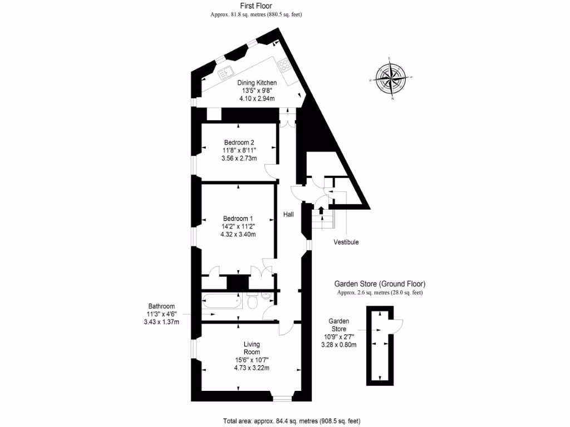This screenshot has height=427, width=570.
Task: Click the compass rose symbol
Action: [x=393, y=78]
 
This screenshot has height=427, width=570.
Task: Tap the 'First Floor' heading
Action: [x=256, y=6]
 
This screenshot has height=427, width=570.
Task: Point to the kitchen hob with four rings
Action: [x=283, y=66]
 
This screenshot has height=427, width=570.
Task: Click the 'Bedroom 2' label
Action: [x=239, y=142]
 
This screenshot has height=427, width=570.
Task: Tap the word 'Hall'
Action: [x=288, y=214]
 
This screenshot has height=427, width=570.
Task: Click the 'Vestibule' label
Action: [x=346, y=242]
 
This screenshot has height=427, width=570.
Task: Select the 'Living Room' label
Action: [x=252, y=348]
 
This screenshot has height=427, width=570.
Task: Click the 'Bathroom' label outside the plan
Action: [x=161, y=306]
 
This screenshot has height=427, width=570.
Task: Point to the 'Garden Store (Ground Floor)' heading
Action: [x=380, y=284]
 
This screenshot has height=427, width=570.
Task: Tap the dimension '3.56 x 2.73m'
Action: [x=239, y=158]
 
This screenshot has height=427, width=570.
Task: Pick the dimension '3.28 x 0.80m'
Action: [x=338, y=345]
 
